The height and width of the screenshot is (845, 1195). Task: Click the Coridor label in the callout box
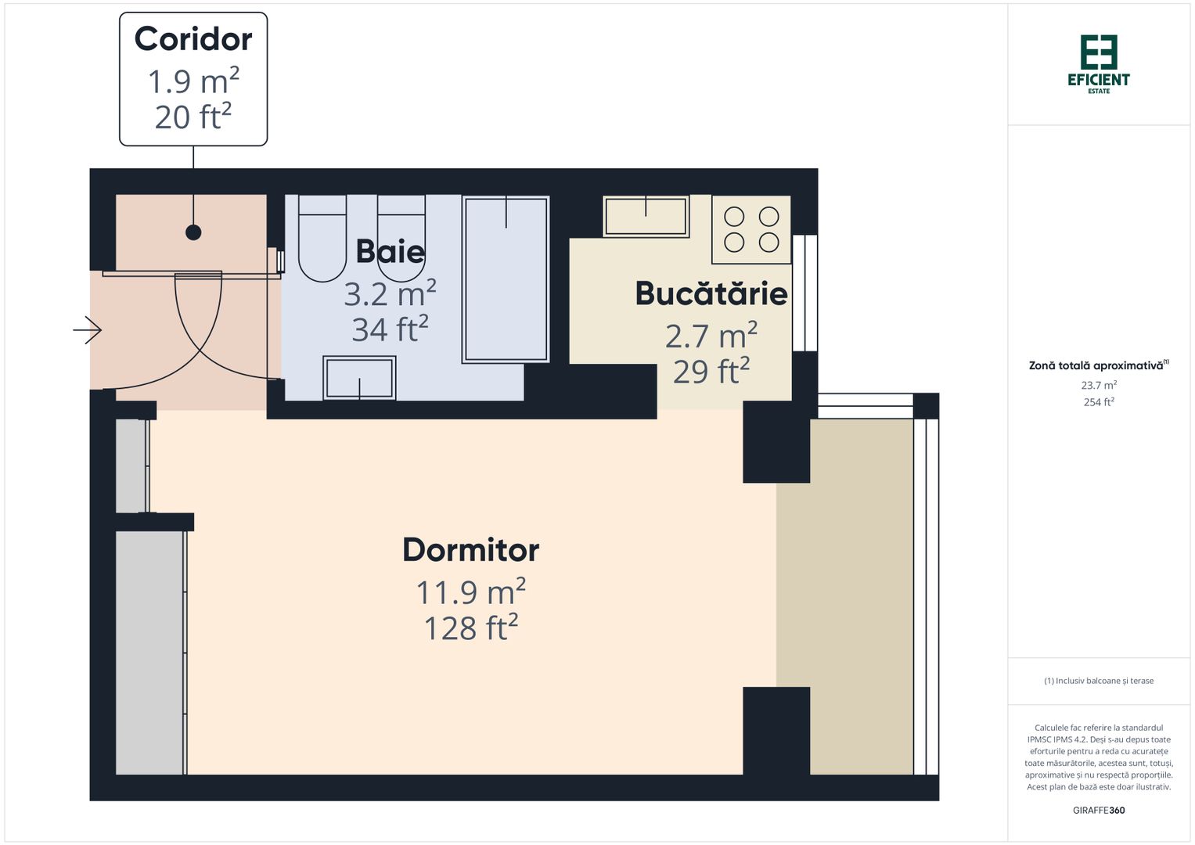coord(193,39)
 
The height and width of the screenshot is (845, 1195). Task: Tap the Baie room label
coord(390,251)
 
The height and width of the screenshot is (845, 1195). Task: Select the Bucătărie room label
coord(711,293)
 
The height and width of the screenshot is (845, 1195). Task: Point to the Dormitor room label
coord(470,550)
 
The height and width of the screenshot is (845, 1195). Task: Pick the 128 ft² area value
coord(470,627)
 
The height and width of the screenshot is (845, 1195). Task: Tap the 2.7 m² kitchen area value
coord(711,335)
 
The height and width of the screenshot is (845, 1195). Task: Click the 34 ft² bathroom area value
coord(390,328)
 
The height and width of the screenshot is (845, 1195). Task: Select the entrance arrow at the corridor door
coord(88,330)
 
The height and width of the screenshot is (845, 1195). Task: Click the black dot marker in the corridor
coord(193,232)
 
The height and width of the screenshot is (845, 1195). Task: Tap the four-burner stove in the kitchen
coord(751,229)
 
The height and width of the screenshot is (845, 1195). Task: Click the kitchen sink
coord(646,216)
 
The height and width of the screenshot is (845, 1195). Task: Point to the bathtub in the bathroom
coord(506,279)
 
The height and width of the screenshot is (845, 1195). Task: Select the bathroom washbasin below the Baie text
coord(359,378)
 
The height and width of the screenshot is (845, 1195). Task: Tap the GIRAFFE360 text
coord(1099,810)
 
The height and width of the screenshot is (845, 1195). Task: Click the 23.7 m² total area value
coord(1099,385)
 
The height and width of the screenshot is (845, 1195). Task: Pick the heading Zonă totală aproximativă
coord(1099,365)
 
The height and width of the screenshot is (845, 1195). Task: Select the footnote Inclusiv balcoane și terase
coord(1099,681)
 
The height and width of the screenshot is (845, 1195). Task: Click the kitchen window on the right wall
coord(804,293)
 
